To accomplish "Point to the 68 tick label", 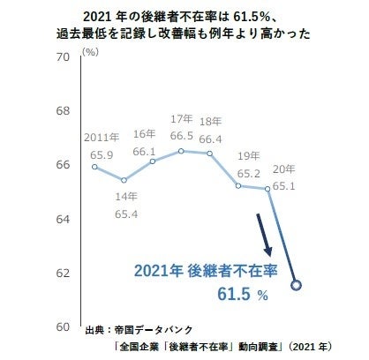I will (62, 112).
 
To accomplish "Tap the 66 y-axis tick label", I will (62, 166).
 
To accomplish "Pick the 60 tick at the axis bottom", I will (62, 326).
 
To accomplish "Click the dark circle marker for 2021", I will (297, 284).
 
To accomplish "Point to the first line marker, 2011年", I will (95, 167).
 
